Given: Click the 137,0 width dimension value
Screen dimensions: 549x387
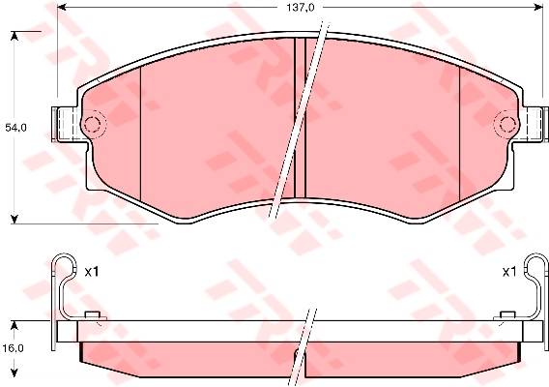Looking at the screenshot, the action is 301,8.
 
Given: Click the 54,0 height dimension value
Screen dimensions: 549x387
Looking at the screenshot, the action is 15,128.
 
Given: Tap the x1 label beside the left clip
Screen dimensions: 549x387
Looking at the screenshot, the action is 92,272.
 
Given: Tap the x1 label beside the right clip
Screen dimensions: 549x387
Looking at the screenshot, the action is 509,272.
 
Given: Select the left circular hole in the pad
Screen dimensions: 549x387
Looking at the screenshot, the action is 93,124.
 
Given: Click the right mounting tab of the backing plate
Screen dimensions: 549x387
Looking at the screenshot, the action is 535,125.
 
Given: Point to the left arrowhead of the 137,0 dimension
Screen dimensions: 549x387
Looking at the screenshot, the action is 62,8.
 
